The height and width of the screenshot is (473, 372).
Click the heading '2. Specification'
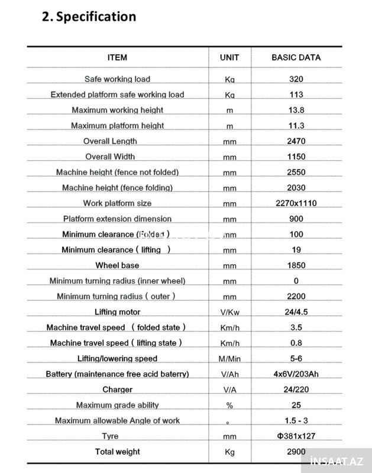[x=89, y=17]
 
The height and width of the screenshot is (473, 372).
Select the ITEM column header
[x=117, y=57]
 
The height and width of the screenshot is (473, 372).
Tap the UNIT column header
[x=229, y=57]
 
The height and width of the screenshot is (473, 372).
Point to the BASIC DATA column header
[x=296, y=57]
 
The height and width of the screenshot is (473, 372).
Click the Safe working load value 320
[x=296, y=79]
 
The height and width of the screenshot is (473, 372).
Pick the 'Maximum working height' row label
[x=117, y=110]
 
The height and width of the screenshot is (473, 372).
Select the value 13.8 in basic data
[x=296, y=110]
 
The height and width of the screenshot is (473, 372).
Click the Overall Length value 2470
[x=296, y=141]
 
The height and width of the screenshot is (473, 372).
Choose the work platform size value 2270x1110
[x=296, y=203]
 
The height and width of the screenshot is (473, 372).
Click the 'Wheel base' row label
[x=117, y=265]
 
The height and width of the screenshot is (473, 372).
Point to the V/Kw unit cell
[x=229, y=312]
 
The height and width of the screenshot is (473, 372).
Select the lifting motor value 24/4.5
[x=296, y=312]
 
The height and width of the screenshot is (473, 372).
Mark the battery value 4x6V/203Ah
[x=296, y=374]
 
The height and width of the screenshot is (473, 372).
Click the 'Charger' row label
[x=117, y=390]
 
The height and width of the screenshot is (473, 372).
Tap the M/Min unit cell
[x=229, y=359]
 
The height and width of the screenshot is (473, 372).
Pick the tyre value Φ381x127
[x=296, y=436]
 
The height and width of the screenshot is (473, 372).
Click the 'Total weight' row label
[x=117, y=452]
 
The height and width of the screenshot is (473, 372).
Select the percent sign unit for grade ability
[x=229, y=406]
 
